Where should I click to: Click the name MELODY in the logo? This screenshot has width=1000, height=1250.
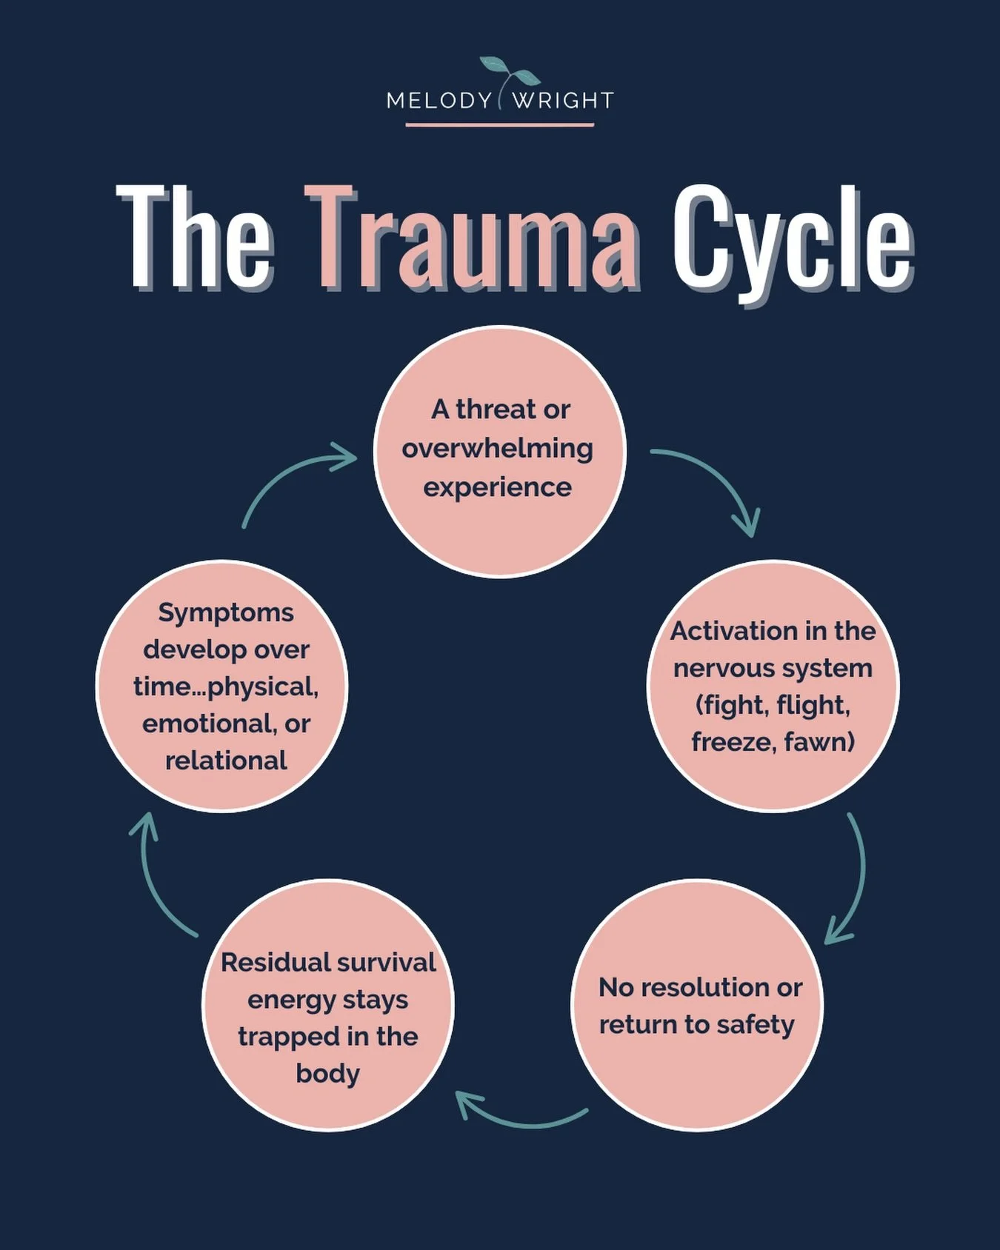point(439,101)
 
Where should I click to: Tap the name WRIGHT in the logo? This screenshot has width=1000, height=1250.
point(563,101)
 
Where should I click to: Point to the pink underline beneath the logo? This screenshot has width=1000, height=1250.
point(500,125)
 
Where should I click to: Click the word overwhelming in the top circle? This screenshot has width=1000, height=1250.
point(498,449)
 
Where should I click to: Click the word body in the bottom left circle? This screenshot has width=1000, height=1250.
point(327,1074)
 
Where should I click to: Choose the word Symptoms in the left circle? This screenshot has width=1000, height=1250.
point(226,613)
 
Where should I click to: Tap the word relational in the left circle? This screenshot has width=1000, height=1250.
point(226,761)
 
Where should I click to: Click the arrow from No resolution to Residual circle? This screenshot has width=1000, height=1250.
point(519,1120)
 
